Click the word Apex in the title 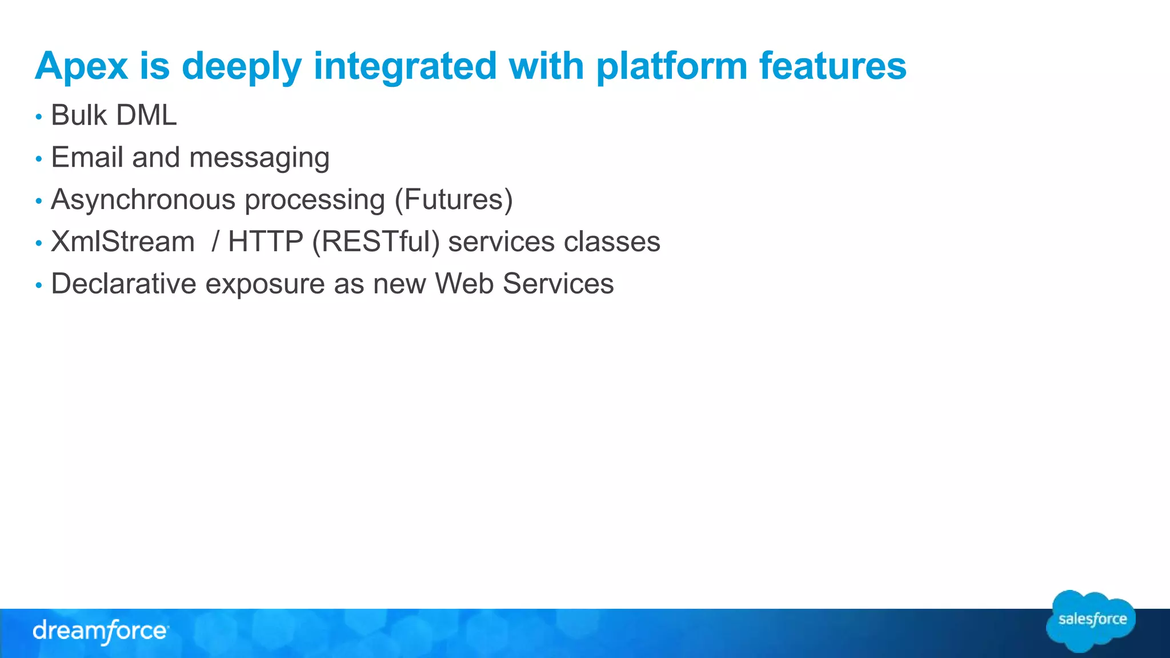(x=81, y=67)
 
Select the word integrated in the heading (x=404, y=67)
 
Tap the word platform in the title (x=671, y=67)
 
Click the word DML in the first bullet (x=146, y=115)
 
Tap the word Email (x=87, y=158)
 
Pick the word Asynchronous (x=143, y=200)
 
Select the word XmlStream (x=123, y=242)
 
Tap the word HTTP (x=265, y=242)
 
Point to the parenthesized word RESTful (x=375, y=242)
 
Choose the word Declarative (x=123, y=284)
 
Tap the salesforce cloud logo (x=1091, y=620)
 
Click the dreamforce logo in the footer (x=101, y=631)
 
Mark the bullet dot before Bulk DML (x=39, y=117)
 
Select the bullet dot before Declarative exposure (x=39, y=285)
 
